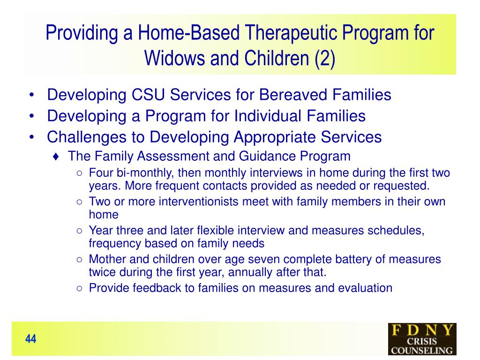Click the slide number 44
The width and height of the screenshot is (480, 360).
pos(30,339)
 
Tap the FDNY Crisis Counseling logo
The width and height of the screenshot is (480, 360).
pos(422,339)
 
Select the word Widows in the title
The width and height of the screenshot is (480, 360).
pos(174,58)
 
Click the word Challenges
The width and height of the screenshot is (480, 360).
pos(87,137)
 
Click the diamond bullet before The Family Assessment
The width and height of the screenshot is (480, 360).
pos(56,157)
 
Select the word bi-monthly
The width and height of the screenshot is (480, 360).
pos(145,173)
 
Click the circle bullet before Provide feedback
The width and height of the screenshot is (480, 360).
pos(80,288)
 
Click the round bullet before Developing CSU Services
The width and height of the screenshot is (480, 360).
pos(31,95)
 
